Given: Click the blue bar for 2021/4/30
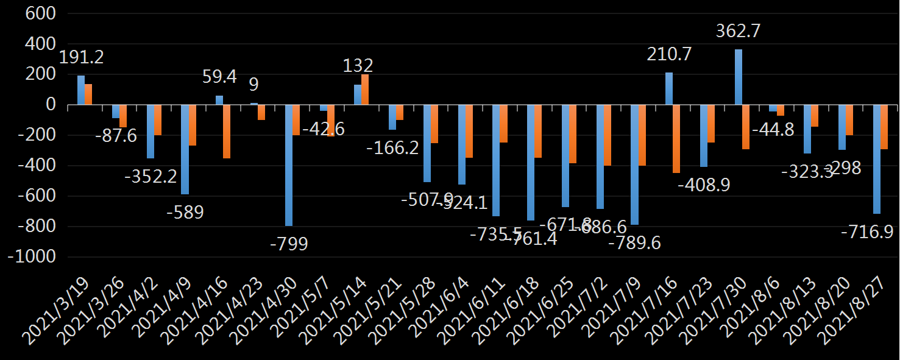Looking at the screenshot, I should click(289, 165).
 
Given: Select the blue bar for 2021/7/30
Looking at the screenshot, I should click(738, 77).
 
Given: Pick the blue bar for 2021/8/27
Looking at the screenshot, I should click(876, 159).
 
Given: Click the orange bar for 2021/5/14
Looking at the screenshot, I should click(365, 90).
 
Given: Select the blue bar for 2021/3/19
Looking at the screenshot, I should click(81, 90).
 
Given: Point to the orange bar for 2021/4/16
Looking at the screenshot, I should click(227, 132).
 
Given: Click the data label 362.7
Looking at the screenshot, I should click(739, 30).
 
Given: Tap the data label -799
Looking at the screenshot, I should click(289, 244).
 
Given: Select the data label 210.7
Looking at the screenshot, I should click(669, 55).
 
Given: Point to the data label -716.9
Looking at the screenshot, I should click(863, 232).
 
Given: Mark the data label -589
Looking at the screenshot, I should click(185, 213).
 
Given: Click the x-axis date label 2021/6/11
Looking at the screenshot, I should click(472, 305).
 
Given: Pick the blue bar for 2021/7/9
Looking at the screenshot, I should click(634, 165).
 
